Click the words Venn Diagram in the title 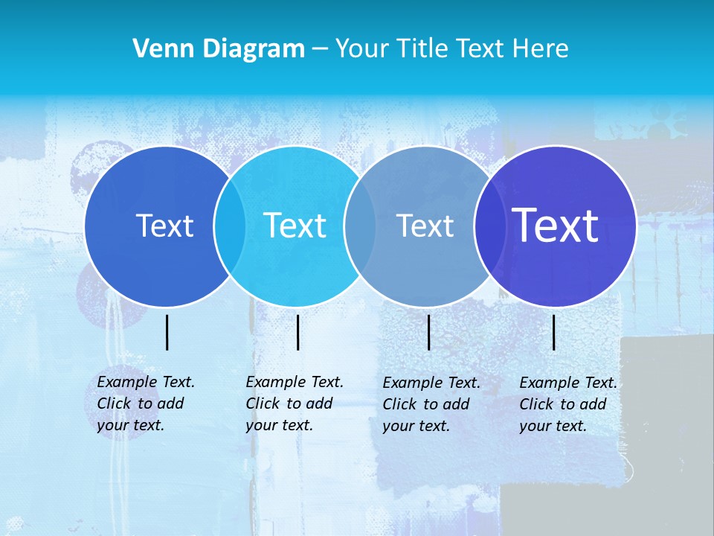pos(219,49)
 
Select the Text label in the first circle pos(164,226)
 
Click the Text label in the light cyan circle pos(295,226)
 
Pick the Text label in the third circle pos(425,226)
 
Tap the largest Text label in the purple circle pos(556,225)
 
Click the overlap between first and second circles pos(230,226)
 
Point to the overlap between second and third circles pos(360,226)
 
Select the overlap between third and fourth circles pos(489,226)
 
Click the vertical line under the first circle pos(167,332)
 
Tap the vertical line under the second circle pos(297,332)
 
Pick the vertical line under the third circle pos(428,332)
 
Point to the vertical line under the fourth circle pos(554,332)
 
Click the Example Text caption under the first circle pos(146,403)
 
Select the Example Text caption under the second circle pos(295,403)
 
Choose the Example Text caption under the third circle pos(431,404)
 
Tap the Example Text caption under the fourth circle pos(568,404)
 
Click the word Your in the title pos(363,49)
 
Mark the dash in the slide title pos(320,49)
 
